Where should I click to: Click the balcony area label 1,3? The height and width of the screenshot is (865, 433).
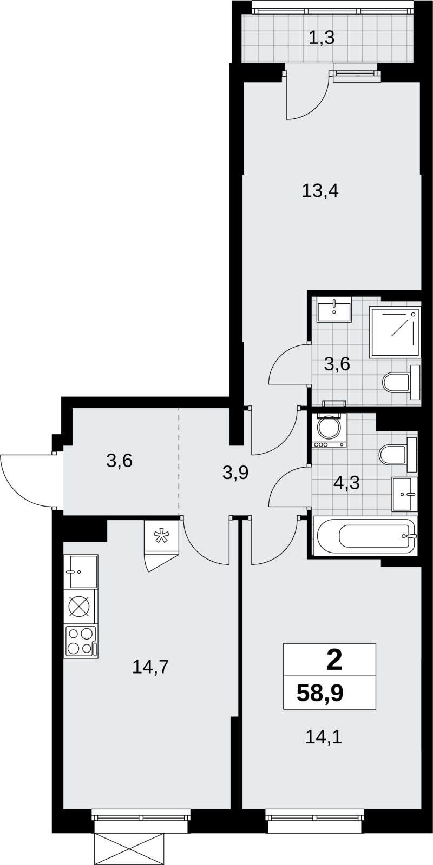click(x=322, y=38)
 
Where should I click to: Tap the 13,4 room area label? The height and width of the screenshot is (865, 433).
click(x=320, y=191)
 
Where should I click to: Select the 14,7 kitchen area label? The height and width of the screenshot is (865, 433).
click(x=150, y=667)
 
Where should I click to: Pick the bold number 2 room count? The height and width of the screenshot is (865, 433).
click(x=334, y=661)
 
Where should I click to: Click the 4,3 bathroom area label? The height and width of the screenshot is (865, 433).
click(x=347, y=483)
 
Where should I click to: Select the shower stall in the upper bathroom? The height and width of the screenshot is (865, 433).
click(x=395, y=332)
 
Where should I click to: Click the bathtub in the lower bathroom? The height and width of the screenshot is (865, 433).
click(x=365, y=536)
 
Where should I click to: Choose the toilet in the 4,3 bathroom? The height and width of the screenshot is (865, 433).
click(x=398, y=455)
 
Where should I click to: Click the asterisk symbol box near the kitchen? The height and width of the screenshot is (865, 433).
click(x=162, y=537)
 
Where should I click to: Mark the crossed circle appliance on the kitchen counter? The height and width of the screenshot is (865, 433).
click(x=81, y=607)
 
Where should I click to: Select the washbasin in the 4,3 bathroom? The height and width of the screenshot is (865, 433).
click(x=405, y=494)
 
